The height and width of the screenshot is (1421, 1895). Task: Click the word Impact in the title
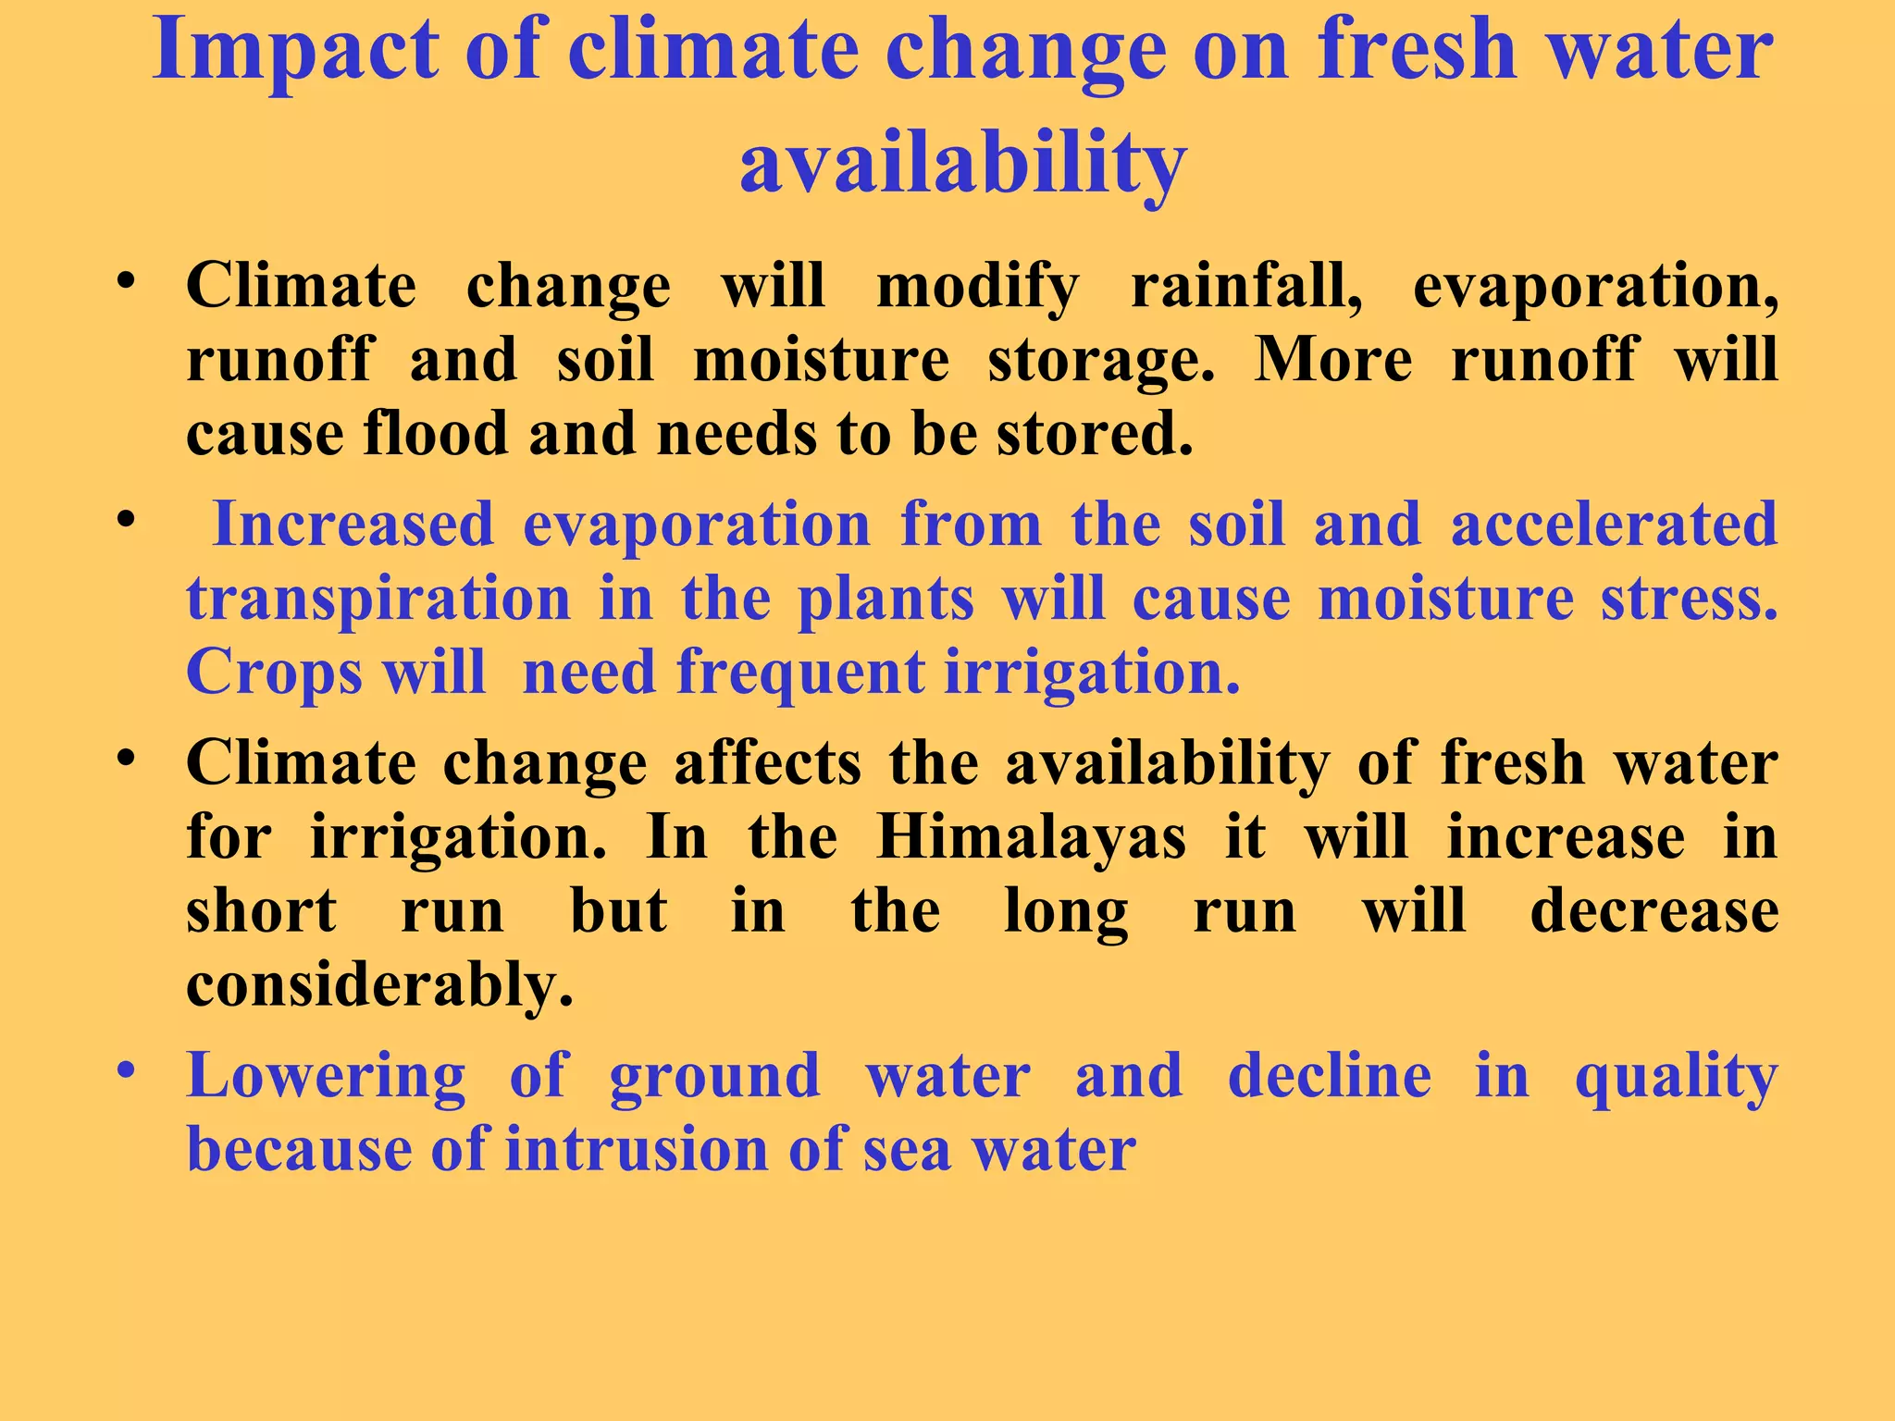pos(295,52)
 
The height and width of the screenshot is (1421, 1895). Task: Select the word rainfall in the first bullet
pos(1246,287)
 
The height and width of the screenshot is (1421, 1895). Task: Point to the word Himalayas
pos(1031,839)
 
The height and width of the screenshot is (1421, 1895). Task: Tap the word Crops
pos(274,673)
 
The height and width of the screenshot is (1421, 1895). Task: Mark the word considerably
pos(380,986)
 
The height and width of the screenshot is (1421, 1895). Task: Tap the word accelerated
pos(1614,525)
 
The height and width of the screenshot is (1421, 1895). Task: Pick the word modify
pos(977,287)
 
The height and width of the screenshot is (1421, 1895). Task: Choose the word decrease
pos(1653,912)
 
